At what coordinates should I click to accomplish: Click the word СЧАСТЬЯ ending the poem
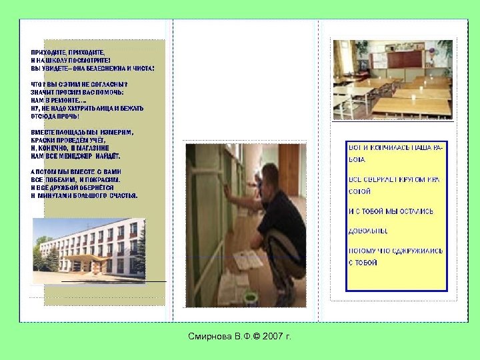click(x=123, y=196)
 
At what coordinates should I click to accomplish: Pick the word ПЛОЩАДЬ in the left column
click(x=68, y=132)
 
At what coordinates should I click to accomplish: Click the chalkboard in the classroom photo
click(x=407, y=59)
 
